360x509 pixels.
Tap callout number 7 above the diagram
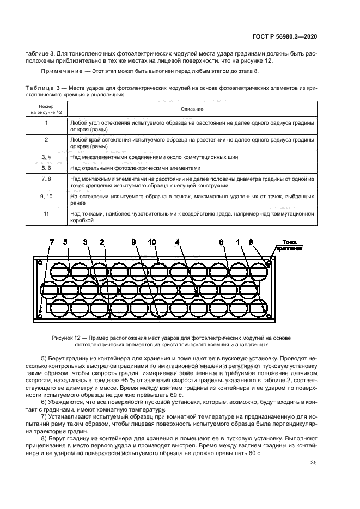click(x=53, y=241)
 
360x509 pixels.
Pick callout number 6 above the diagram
click(x=222, y=241)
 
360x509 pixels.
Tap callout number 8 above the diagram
click(x=251, y=241)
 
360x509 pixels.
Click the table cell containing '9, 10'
click(x=46, y=195)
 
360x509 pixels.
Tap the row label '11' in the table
click(x=46, y=214)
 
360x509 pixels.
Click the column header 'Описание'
click(x=189, y=109)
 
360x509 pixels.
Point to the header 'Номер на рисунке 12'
click(x=46, y=109)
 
